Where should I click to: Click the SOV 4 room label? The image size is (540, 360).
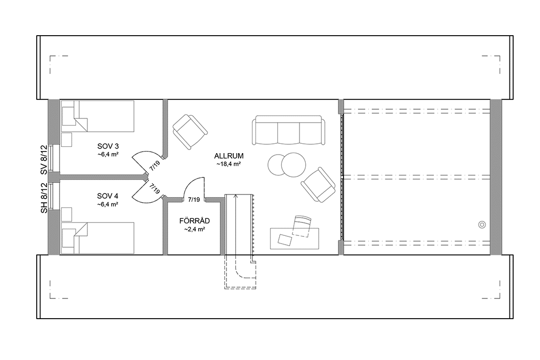(108, 196)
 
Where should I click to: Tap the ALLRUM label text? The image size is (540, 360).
(229, 156)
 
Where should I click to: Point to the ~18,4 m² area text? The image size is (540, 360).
(229, 164)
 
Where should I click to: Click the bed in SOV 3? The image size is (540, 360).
(98, 116)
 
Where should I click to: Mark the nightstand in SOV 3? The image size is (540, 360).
(67, 140)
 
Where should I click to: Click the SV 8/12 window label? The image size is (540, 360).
(44, 160)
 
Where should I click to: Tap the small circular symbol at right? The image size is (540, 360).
(482, 224)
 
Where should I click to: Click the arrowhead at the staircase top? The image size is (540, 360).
(236, 196)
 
